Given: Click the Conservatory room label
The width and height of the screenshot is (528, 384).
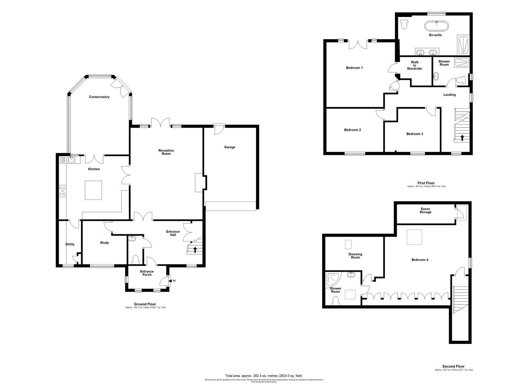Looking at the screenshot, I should (99, 97).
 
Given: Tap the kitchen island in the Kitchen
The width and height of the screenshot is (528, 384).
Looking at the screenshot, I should (93, 190).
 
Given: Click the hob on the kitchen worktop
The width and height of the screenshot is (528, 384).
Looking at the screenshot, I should (63, 191).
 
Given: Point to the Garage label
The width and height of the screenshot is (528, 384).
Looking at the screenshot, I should (229, 147).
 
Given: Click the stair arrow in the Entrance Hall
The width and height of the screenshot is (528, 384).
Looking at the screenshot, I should (195, 250).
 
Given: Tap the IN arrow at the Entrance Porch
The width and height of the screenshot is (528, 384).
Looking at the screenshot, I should (173, 281).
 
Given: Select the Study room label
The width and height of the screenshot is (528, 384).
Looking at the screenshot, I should (104, 243).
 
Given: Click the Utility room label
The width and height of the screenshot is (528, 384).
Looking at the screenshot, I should (70, 244).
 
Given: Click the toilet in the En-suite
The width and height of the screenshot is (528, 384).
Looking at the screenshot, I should (404, 25).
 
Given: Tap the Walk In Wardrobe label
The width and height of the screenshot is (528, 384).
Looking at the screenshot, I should (415, 65).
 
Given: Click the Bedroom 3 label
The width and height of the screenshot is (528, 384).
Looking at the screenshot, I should (415, 134).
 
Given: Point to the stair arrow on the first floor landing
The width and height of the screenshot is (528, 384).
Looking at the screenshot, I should (462, 138).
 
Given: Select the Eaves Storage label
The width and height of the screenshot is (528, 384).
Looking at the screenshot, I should (425, 211).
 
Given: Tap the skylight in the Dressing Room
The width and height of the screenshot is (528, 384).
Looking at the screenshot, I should (348, 245).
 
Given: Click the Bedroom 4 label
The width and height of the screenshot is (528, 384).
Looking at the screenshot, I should (420, 260).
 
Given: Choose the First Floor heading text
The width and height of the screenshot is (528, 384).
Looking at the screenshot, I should (426, 183).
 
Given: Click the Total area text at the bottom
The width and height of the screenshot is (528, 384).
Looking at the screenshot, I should (263, 376).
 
